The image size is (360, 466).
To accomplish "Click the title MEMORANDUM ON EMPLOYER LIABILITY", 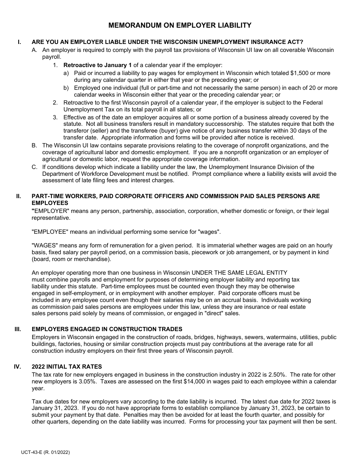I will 180,25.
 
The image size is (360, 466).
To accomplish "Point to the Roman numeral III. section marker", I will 18,329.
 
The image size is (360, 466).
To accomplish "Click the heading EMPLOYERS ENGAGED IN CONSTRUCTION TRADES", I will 107,329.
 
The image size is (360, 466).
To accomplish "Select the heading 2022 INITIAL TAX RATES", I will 67,366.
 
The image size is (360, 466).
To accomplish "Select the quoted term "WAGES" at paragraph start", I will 44,246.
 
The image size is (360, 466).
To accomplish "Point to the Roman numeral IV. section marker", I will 18,366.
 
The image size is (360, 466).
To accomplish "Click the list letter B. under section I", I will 34,145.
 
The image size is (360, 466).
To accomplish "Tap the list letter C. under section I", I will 34,167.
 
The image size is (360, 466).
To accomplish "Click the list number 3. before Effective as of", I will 55,117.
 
